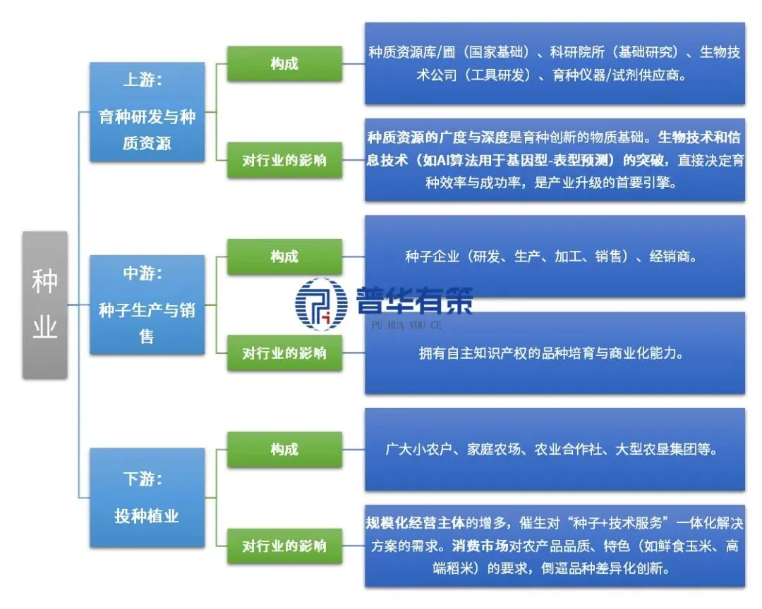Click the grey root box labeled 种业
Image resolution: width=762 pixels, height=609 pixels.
[45, 304]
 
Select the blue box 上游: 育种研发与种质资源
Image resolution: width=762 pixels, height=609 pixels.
[147, 111]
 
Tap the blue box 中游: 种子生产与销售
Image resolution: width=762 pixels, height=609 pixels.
[147, 304]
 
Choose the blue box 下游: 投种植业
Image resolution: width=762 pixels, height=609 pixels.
[147, 498]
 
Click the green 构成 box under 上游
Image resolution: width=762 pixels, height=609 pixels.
[284, 63]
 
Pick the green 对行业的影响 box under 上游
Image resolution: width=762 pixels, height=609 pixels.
[284, 160]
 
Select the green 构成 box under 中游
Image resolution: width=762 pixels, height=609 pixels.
[284, 257]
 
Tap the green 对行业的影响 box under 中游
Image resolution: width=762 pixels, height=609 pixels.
[284, 352]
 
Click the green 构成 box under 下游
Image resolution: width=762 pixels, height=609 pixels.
[284, 449]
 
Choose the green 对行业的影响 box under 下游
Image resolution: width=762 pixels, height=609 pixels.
[284, 546]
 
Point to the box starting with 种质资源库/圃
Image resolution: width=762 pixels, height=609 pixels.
[555, 63]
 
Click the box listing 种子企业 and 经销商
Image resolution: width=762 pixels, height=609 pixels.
[555, 257]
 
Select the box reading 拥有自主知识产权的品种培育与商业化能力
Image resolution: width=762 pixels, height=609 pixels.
[555, 353]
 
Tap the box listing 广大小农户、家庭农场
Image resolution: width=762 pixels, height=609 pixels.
[555, 449]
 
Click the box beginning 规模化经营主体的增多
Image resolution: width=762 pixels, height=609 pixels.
[555, 546]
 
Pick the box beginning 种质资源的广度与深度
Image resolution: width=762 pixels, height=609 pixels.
[555, 160]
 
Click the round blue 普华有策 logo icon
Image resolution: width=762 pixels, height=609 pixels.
[322, 303]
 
